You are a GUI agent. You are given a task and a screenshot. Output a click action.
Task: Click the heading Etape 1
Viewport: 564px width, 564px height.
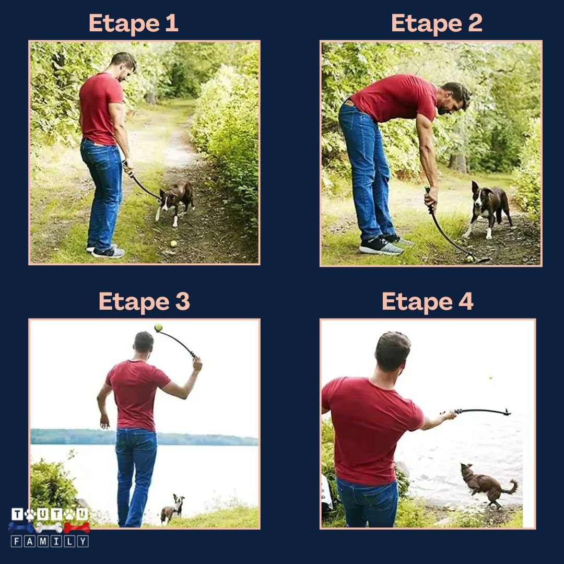click(x=134, y=23)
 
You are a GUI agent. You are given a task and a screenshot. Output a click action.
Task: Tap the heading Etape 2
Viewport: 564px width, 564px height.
click(x=437, y=23)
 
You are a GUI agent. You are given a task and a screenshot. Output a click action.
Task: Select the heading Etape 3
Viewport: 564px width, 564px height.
click(x=144, y=301)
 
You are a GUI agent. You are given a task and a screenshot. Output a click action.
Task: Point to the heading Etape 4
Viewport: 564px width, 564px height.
click(x=428, y=301)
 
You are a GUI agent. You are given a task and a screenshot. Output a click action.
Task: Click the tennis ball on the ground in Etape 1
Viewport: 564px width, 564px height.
click(x=174, y=244)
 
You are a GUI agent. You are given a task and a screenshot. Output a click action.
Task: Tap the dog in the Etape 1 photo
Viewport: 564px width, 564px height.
click(x=175, y=202)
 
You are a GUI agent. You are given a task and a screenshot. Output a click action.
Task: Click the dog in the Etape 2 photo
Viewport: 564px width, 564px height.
click(x=488, y=208)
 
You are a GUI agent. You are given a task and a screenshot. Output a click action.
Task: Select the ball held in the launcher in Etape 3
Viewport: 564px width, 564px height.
click(x=158, y=327)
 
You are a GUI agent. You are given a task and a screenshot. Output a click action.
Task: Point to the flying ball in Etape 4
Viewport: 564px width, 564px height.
click(x=490, y=378)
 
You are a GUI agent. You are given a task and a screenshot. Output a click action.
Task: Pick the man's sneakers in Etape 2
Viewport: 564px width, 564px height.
click(x=385, y=245)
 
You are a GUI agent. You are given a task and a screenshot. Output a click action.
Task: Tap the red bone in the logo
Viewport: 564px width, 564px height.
click(x=77, y=527)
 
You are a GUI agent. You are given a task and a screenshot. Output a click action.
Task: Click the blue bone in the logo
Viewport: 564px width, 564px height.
click(x=21, y=527)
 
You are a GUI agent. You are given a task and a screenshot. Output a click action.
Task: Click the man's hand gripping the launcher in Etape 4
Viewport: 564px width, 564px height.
click(x=450, y=416)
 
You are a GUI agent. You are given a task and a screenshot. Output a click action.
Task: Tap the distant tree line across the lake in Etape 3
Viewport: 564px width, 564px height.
click(x=144, y=437)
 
